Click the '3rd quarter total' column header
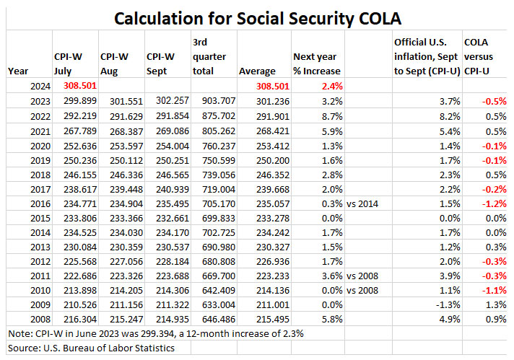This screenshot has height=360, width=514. (x=209, y=57)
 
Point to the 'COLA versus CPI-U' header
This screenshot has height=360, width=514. (x=484, y=56)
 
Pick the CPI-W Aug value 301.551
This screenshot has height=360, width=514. (x=123, y=100)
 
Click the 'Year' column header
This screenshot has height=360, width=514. (x=18, y=71)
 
